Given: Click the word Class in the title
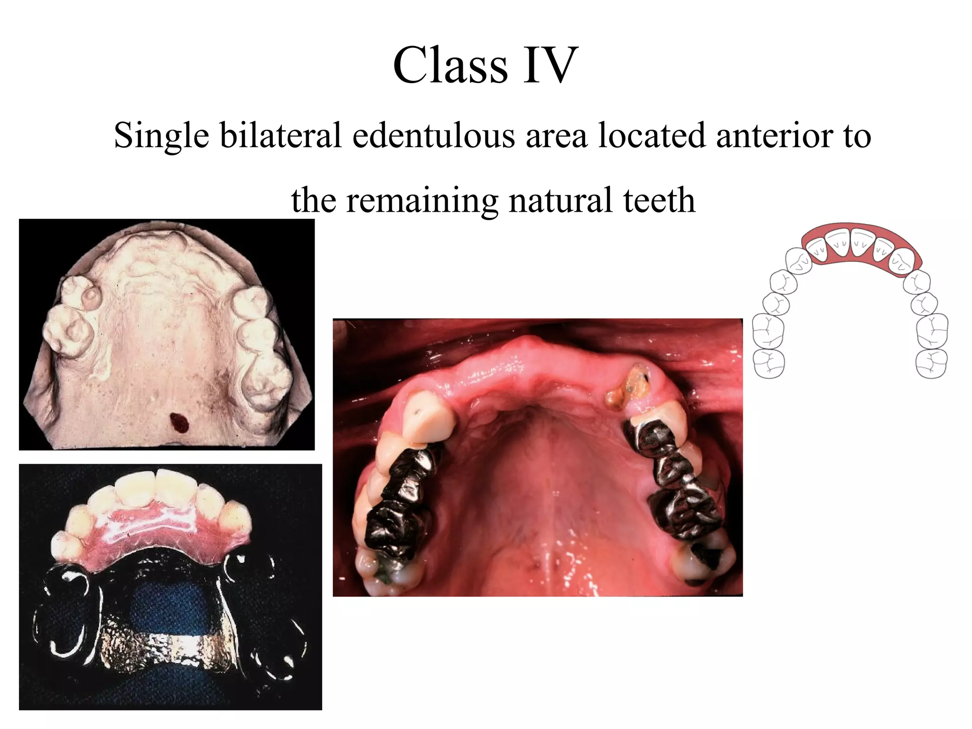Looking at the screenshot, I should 450,65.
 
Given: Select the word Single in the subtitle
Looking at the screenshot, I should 161,136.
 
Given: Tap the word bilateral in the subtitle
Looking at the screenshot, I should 280,135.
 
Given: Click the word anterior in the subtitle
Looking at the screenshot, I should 774,135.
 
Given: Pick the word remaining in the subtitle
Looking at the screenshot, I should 422,201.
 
